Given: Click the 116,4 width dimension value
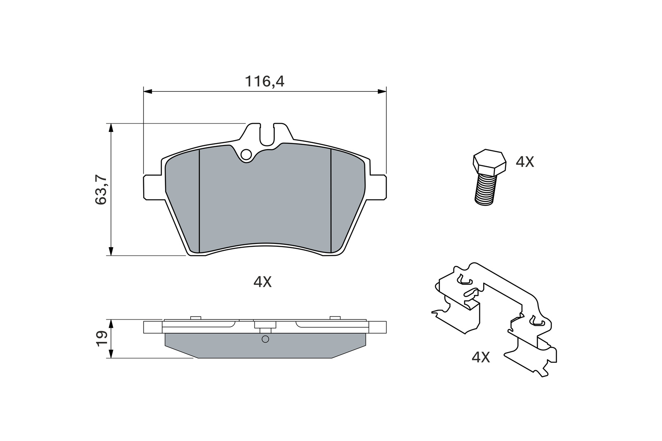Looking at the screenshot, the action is pos(264,81).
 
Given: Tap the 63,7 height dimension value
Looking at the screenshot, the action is pos(101,190).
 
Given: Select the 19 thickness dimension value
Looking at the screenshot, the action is pos(101,338).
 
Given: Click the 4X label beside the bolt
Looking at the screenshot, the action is pos(525,162).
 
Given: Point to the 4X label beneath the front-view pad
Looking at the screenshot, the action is pos(262,282).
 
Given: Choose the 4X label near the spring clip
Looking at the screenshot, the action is pos(480,357).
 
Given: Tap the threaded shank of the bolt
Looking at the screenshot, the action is pos(485,189).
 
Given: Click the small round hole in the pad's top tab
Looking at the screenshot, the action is pos(246,155).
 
